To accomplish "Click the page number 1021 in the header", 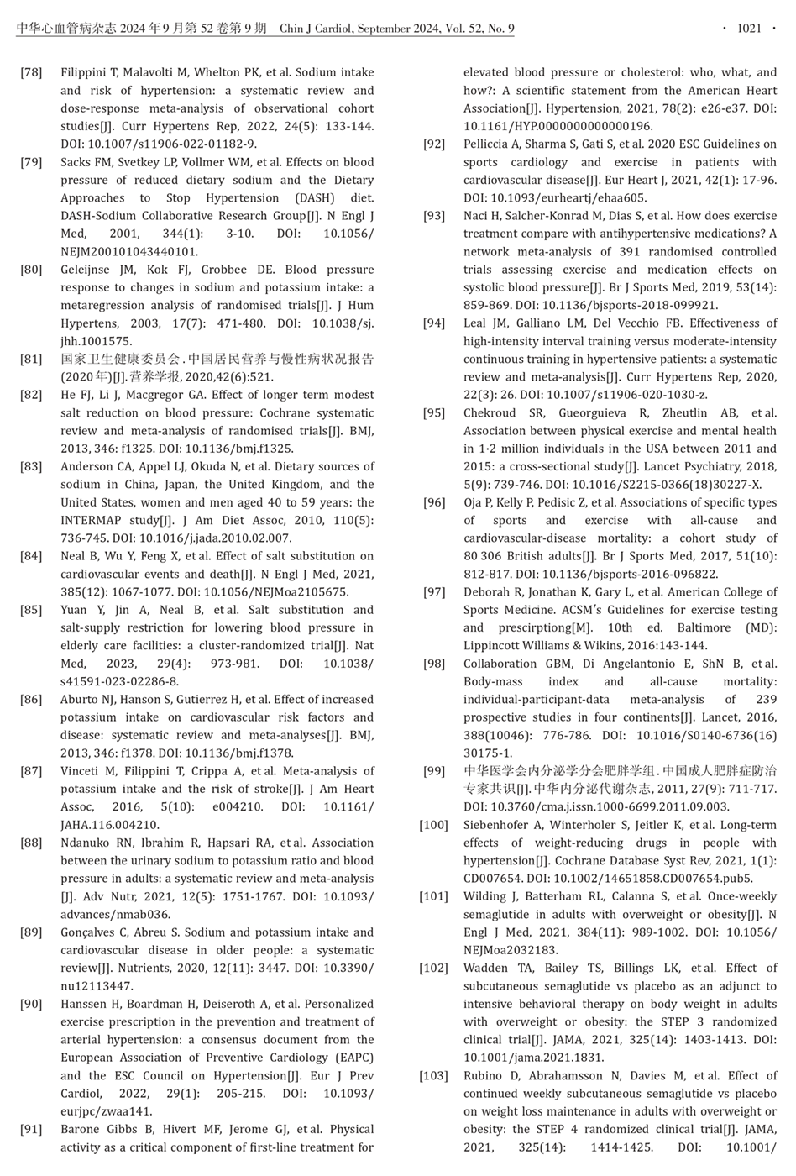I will click(749, 29).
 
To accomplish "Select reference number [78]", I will click(31, 72).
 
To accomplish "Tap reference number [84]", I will click(31, 556).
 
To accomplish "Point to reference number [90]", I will click(31, 1004).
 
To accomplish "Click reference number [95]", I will click(434, 412).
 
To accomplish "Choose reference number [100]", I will click(434, 825).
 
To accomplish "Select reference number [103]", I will click(434, 1075).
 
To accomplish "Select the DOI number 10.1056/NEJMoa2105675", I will click(285, 592).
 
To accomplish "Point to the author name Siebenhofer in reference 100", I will click(502, 825).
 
